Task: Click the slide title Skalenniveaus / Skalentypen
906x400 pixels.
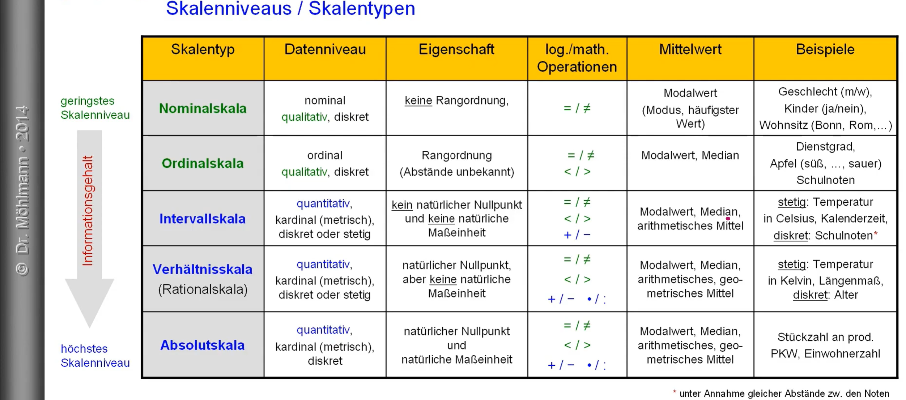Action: pos(290,9)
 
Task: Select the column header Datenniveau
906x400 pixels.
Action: pos(325,50)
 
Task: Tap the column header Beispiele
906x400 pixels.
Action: pos(825,50)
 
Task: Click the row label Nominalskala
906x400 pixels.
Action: pos(203,108)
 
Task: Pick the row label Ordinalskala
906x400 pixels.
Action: pos(203,163)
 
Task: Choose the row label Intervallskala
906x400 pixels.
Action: pos(203,219)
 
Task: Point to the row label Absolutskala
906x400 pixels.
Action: pos(203,345)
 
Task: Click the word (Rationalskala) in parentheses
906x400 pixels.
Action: pos(203,289)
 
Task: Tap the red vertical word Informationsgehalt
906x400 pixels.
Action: pos(88,211)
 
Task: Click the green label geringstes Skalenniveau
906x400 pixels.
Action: pos(95,108)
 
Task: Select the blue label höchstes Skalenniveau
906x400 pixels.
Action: pos(95,356)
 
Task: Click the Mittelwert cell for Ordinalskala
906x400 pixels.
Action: pos(690,155)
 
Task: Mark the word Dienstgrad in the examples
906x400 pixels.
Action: pos(825,147)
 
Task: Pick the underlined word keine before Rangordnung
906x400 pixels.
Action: pos(418,100)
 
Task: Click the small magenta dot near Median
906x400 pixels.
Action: pos(728,219)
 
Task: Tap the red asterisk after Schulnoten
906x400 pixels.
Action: pos(876,234)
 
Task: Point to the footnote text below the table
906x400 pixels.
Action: pos(781,393)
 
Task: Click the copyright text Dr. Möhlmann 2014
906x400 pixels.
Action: pos(22,191)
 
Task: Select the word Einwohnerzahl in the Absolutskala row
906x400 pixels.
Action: pos(842,354)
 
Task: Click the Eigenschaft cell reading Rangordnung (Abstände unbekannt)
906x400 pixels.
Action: pos(457,163)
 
